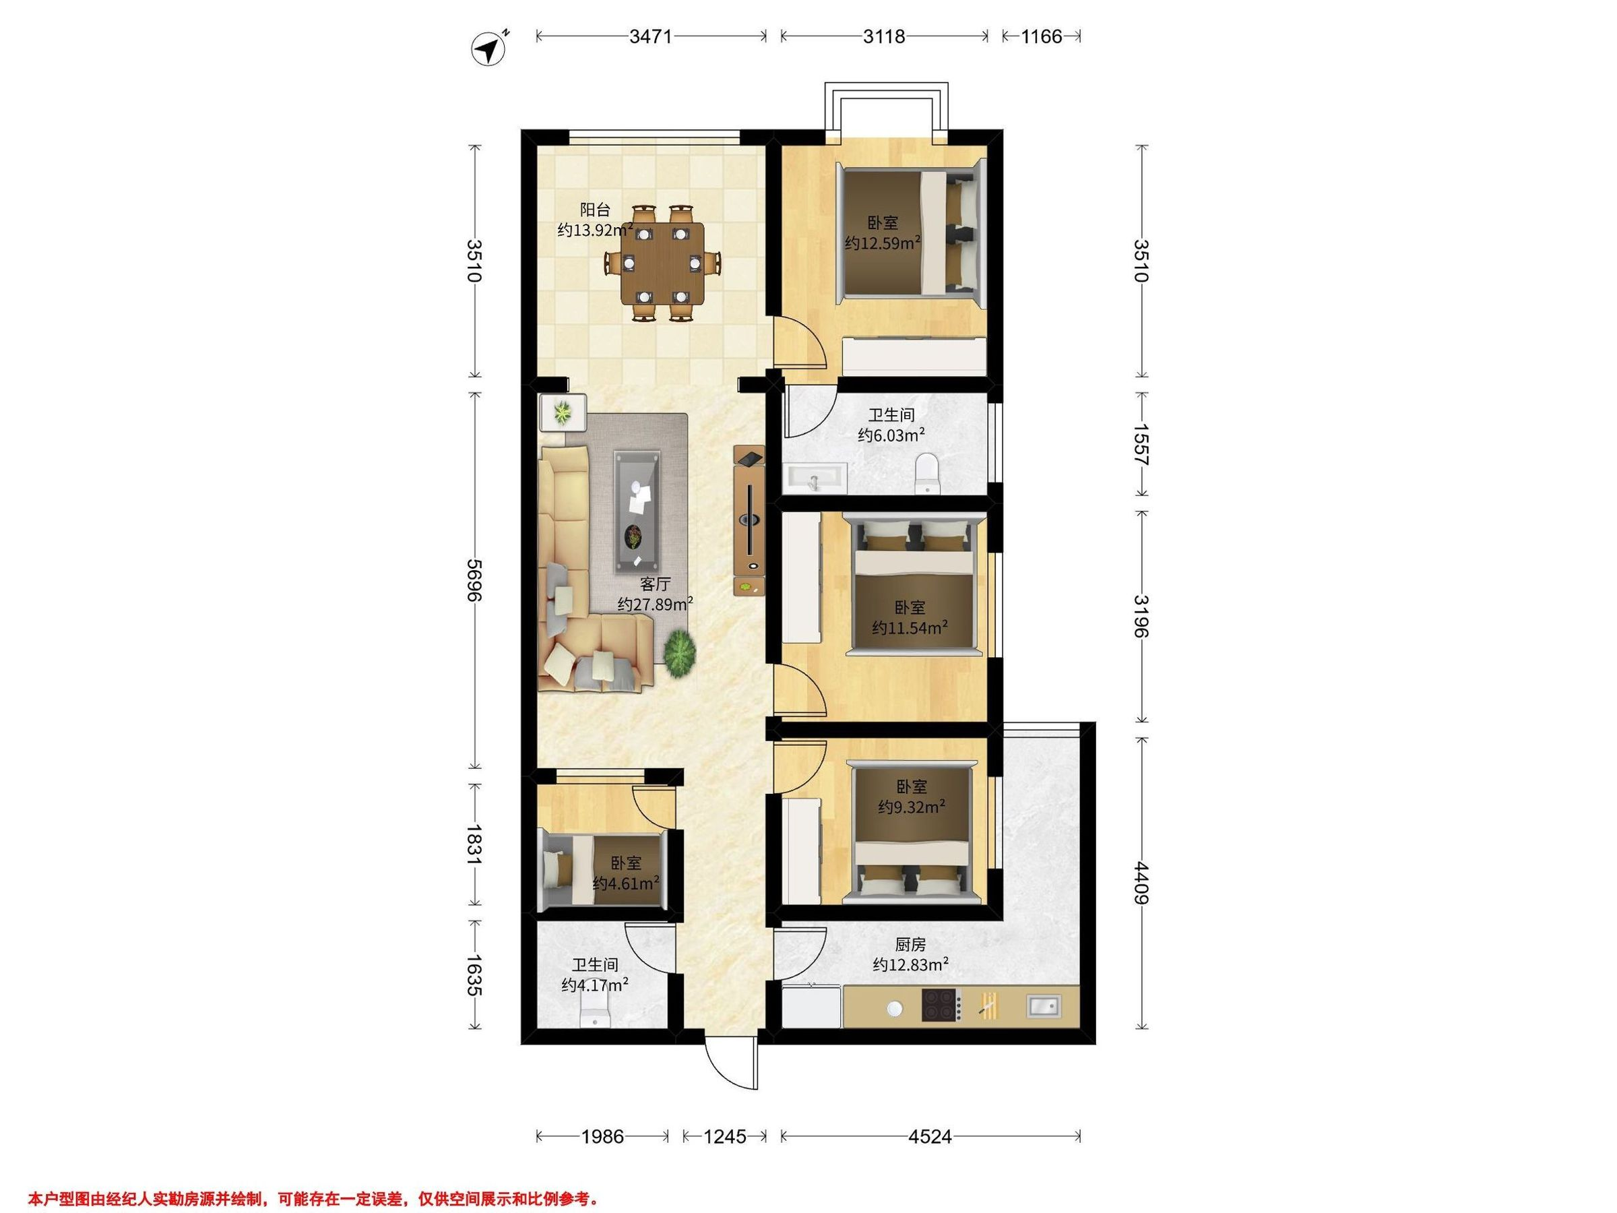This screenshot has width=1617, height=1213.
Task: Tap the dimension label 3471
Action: [651, 36]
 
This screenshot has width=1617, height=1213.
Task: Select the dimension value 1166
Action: [1041, 36]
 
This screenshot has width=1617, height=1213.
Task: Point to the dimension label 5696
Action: [476, 580]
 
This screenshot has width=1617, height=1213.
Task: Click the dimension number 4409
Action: [1141, 883]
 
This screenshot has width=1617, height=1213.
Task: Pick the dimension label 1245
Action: [725, 1136]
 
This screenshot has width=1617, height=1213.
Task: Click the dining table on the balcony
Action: [663, 263]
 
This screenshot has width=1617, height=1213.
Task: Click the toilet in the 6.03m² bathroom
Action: [926, 472]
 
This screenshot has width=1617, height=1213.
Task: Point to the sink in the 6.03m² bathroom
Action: [815, 480]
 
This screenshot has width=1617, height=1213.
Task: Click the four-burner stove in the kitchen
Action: [940, 1005]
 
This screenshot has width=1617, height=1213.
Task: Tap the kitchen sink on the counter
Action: [1043, 1006]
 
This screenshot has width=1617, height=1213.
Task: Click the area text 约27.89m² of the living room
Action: [655, 604]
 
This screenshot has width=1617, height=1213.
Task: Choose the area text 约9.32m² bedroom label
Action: [912, 807]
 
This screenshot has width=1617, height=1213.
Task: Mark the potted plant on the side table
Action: [562, 413]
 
